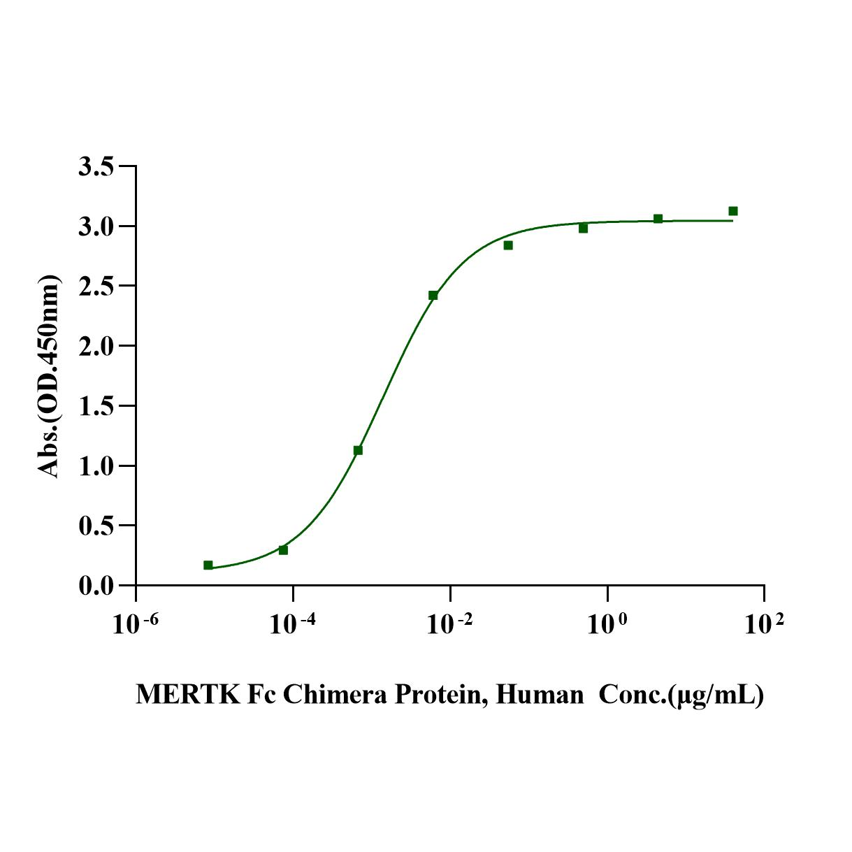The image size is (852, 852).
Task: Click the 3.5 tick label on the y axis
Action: [x=96, y=167]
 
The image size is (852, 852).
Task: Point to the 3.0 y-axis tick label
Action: [x=96, y=227]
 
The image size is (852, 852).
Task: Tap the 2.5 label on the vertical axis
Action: [x=96, y=287]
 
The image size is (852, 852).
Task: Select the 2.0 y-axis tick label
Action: [x=96, y=347]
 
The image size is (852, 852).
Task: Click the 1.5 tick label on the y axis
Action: [x=96, y=406]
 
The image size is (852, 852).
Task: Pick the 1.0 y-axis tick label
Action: [x=96, y=466]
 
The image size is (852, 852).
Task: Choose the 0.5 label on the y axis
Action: [x=96, y=526]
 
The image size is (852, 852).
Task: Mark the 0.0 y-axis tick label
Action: [x=96, y=586]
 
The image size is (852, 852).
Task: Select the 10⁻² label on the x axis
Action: [x=449, y=624]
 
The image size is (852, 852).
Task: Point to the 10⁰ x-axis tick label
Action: [x=606, y=624]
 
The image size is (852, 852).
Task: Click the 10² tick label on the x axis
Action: [x=763, y=624]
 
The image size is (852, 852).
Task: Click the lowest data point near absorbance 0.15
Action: [x=208, y=565]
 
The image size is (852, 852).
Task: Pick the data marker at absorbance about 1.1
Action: [x=358, y=450]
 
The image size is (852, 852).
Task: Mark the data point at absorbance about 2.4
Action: [x=433, y=296]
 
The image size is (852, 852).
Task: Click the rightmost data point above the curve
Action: [x=733, y=211]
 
